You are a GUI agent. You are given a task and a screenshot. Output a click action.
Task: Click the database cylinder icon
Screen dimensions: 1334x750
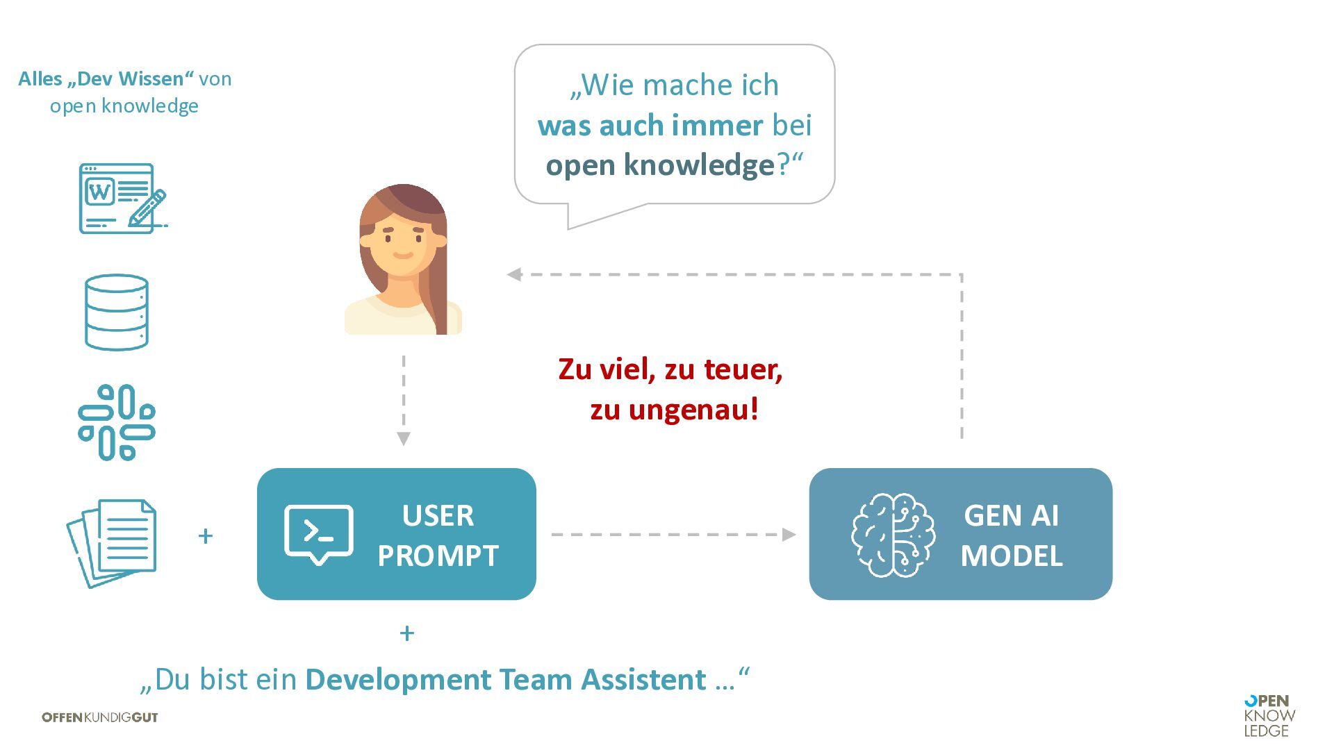117,312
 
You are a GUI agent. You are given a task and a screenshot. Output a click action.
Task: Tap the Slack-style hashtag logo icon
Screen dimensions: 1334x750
117,422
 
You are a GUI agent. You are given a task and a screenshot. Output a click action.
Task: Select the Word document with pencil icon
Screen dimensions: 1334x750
122,199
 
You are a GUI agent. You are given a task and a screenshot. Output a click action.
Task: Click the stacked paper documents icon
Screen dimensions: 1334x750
113,542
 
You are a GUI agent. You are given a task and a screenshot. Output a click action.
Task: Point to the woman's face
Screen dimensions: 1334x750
402,243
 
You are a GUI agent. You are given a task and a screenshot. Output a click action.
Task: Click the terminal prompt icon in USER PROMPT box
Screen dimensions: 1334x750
319,533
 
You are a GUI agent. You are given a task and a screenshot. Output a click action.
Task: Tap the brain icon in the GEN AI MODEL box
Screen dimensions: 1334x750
893,535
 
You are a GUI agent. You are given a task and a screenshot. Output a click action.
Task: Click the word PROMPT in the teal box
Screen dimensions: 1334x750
438,556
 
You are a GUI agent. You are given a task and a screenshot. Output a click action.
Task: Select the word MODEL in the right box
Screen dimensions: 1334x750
1012,556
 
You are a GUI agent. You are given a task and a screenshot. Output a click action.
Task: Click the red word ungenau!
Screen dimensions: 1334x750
693,409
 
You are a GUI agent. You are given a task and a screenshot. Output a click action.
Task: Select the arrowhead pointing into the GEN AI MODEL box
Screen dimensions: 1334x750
789,535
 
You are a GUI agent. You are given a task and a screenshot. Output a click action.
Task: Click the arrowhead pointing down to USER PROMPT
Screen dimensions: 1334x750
404,439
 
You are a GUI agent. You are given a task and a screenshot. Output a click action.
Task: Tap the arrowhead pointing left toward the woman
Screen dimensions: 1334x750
514,274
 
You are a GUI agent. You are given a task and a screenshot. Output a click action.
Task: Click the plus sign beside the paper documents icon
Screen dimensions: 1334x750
205,536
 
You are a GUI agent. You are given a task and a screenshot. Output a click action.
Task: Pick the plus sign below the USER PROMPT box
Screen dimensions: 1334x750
407,633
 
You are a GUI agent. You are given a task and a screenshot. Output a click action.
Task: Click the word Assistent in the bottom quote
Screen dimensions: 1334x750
643,679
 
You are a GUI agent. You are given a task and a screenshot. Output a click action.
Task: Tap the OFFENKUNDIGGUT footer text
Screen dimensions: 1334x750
100,717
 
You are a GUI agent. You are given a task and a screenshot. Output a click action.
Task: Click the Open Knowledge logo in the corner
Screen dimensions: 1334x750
1269,716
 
